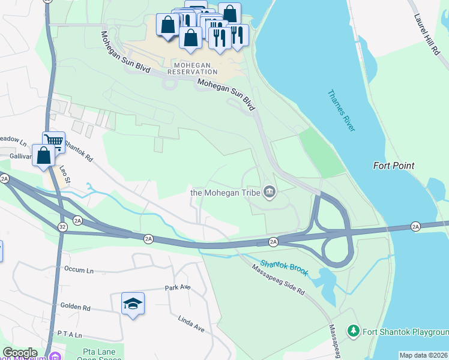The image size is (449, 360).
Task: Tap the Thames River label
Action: (342, 111)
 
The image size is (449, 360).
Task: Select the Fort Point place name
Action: (394, 166)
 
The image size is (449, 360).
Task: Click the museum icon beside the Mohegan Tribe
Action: (270, 193)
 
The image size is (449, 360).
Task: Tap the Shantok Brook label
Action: (284, 268)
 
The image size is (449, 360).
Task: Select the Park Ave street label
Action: (178, 287)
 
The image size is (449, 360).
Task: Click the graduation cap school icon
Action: (133, 303)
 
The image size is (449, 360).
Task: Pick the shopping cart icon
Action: (53, 142)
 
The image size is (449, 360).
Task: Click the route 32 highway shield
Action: (62, 226)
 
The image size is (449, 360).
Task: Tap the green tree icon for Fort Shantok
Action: (354, 331)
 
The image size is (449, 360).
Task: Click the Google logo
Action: (20, 353)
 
